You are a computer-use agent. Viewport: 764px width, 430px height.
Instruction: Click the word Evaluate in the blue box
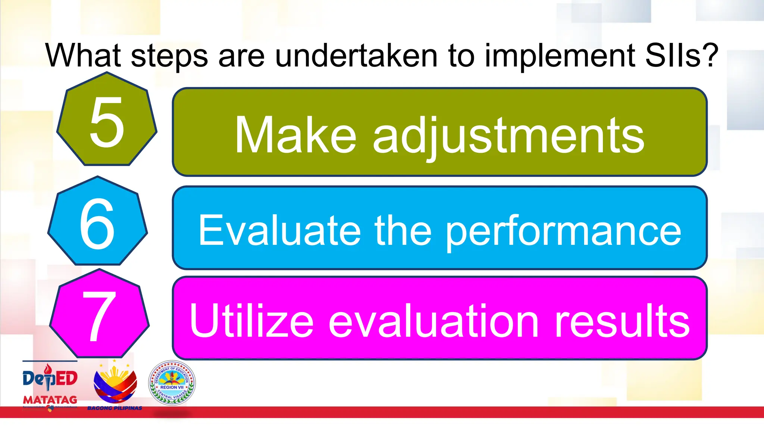coord(279,231)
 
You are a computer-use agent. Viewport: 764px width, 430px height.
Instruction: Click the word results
coord(622,320)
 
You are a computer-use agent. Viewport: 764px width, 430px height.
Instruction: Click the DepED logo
coord(50,378)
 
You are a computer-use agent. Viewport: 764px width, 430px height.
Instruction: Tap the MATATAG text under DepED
coord(50,400)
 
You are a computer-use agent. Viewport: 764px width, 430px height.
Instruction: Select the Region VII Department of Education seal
coord(172,383)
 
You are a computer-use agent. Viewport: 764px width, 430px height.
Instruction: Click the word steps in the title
coord(169,56)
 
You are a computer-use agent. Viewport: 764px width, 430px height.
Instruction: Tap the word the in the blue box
coord(403,231)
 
